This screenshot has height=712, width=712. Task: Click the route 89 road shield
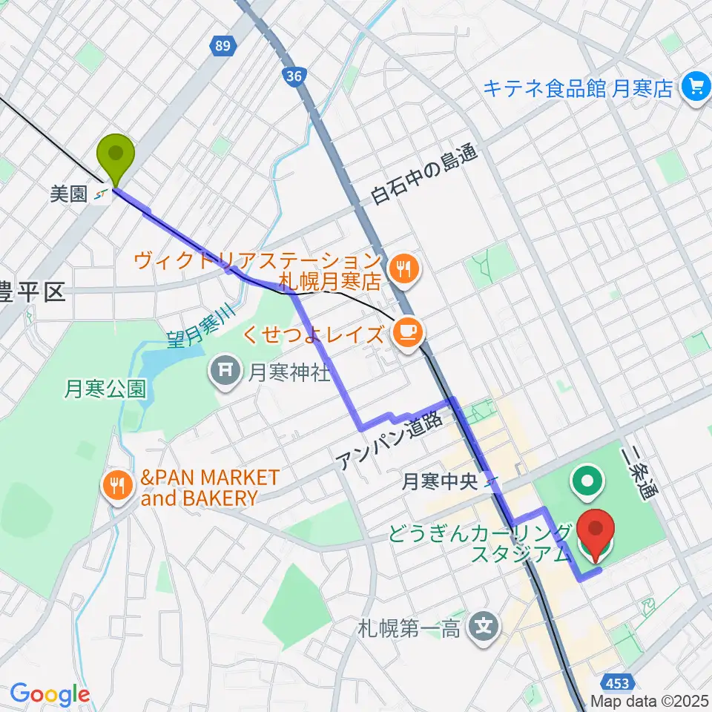point(220,47)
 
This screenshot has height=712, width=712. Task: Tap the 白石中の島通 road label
point(426,175)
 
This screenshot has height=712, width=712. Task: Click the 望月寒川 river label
point(195,322)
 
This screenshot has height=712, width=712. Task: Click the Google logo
point(50,694)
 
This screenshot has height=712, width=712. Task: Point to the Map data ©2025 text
point(650,701)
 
